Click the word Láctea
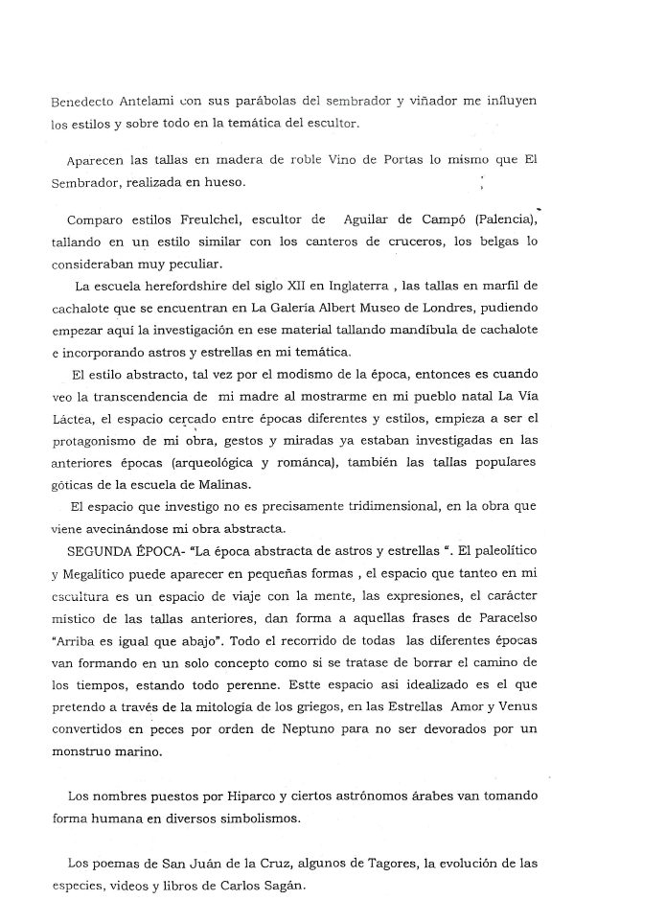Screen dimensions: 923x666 [77, 419]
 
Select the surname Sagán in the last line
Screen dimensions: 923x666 [279, 884]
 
